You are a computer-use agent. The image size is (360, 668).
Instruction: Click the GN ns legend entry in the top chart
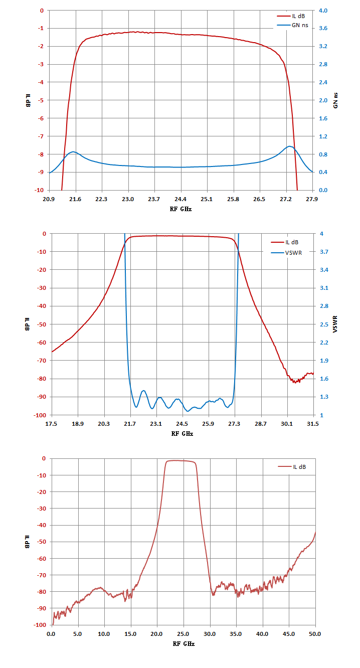tap(293, 25)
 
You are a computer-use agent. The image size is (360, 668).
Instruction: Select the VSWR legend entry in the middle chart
tap(286, 253)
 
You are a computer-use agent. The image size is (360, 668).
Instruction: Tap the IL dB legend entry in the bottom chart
tap(292, 467)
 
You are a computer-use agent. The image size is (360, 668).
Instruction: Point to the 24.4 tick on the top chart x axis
tap(181, 199)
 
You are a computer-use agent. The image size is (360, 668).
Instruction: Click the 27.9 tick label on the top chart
tap(312, 199)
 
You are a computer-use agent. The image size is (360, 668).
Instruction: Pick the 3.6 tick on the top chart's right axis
tap(323, 28)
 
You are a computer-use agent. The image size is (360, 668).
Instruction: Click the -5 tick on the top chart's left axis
tap(41, 100)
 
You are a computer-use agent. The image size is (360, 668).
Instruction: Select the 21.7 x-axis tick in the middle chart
tap(130, 424)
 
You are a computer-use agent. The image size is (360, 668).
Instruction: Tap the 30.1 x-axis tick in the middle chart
tap(287, 424)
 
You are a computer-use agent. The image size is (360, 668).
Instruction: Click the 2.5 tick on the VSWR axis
tap(324, 324)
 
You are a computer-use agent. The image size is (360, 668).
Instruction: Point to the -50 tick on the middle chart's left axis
tap(42, 324)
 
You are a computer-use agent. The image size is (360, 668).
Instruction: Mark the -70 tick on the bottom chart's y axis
tap(41, 575)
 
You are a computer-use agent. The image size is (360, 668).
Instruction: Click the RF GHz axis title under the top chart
tap(181, 209)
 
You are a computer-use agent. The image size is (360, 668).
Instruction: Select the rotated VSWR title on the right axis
tap(335, 324)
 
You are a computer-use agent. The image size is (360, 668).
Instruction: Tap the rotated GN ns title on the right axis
tap(335, 100)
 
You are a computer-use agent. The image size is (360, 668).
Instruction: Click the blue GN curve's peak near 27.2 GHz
tap(289, 146)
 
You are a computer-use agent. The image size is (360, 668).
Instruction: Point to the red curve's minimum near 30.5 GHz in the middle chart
tap(295, 382)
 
